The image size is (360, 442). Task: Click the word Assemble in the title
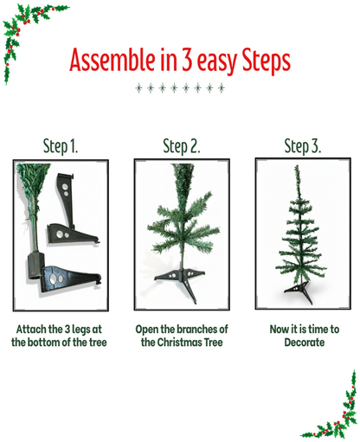point(106,61)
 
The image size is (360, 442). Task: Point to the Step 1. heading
point(61,145)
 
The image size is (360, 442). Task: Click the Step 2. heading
point(182,145)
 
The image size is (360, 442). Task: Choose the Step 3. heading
point(303,145)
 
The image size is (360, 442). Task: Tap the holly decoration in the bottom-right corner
point(337,411)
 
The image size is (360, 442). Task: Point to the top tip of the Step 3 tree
point(298,168)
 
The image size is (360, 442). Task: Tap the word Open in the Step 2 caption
point(148,330)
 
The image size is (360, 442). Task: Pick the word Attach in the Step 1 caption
point(31,330)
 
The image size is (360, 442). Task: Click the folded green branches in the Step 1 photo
point(31,203)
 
